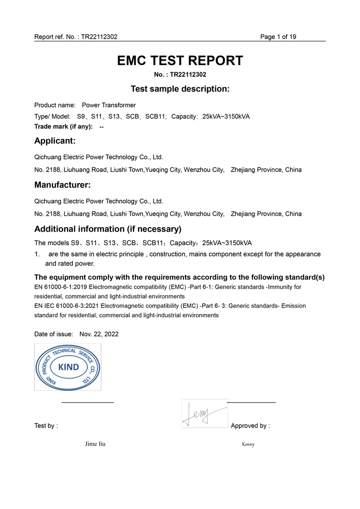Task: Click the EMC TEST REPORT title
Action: pos(180,61)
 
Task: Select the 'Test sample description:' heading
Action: pos(180,89)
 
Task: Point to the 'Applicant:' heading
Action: pos(55,140)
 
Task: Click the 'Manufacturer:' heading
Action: pos(62,185)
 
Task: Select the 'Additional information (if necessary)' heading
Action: pos(108,229)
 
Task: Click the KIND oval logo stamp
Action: pos(68,367)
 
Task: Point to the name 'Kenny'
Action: pos(248,444)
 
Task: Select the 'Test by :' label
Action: pos(46,426)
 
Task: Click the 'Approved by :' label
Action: pos(250,426)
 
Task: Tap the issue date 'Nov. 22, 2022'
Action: pos(99,334)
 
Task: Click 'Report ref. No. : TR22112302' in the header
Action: pos(76,37)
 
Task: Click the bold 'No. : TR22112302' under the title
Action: pos(180,75)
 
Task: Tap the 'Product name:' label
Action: pos(54,105)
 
